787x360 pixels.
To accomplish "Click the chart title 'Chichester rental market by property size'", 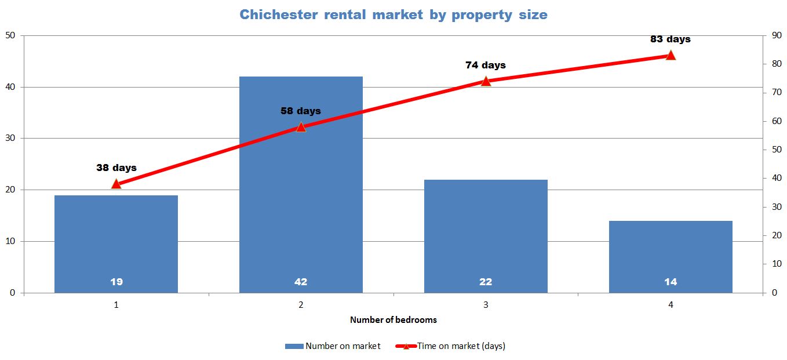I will point(393,14).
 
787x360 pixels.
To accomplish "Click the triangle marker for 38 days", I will point(116,184).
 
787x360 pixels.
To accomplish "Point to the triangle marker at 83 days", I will point(671,55).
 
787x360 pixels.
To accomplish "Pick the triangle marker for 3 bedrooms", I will point(486,81).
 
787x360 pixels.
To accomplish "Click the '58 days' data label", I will point(300,111).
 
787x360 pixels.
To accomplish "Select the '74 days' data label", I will point(485,65).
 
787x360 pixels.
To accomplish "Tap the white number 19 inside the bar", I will point(116,282).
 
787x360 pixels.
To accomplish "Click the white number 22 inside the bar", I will point(486,282).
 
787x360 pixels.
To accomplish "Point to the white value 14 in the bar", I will point(671,282).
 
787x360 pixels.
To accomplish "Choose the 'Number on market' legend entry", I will point(333,346).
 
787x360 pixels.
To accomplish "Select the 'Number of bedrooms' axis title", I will point(393,319).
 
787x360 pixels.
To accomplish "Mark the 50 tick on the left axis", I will point(10,35).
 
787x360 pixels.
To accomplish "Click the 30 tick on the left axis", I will point(10,139).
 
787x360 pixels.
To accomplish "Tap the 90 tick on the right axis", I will point(776,35).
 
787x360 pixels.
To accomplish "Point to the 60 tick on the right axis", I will point(776,121).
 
